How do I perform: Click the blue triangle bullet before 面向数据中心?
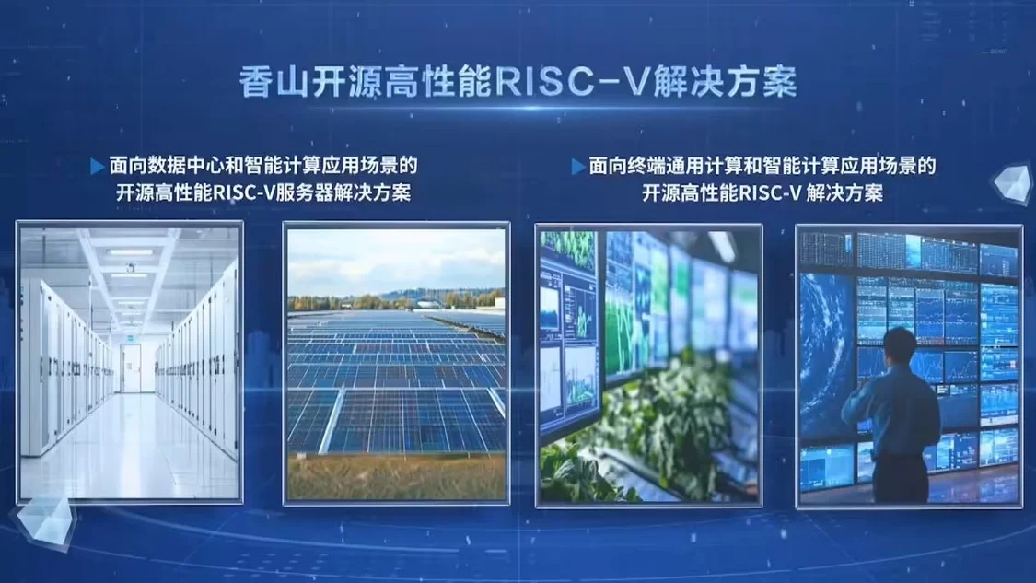(x=97, y=167)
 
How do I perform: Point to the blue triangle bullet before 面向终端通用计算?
(x=578, y=167)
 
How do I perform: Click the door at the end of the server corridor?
(x=131, y=367)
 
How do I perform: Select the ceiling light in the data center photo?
(x=130, y=251)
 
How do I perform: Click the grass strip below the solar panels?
(x=396, y=477)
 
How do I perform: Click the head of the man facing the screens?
(x=901, y=347)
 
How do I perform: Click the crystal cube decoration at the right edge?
(x=1012, y=183)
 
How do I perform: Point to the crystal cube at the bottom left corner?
(x=45, y=522)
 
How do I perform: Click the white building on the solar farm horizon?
(x=429, y=304)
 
